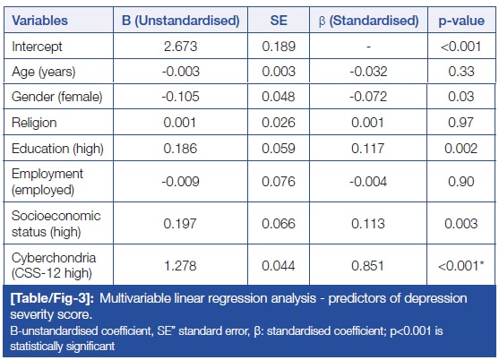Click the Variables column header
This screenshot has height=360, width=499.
[39, 21]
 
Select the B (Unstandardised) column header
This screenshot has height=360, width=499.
[180, 21]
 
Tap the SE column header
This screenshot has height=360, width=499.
[279, 21]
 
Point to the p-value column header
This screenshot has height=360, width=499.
[461, 21]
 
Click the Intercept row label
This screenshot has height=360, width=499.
[37, 47]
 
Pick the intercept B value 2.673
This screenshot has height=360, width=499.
[180, 47]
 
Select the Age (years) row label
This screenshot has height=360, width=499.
[44, 72]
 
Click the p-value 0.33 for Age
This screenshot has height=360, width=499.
[461, 72]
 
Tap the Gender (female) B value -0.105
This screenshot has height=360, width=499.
[180, 97]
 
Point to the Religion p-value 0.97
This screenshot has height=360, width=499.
[460, 123]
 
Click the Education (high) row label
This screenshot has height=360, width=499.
[57, 149]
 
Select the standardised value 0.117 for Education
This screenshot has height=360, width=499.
[368, 149]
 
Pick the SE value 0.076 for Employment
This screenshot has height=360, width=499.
[279, 182]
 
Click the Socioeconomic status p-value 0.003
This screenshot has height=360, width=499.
[461, 224]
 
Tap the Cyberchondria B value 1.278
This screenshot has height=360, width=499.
[180, 266]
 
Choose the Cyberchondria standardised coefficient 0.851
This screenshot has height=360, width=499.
[368, 266]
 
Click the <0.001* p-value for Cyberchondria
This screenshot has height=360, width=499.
[461, 266]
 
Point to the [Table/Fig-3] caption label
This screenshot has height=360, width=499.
[52, 298]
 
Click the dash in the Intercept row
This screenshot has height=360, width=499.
[368, 47]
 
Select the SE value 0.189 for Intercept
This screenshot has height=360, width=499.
[279, 47]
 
